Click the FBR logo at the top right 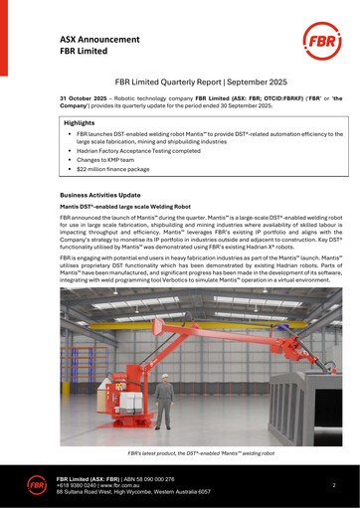pyautogui.click(x=316, y=46)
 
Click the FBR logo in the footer pyautogui.click(x=38, y=485)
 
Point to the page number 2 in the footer pyautogui.click(x=333, y=484)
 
